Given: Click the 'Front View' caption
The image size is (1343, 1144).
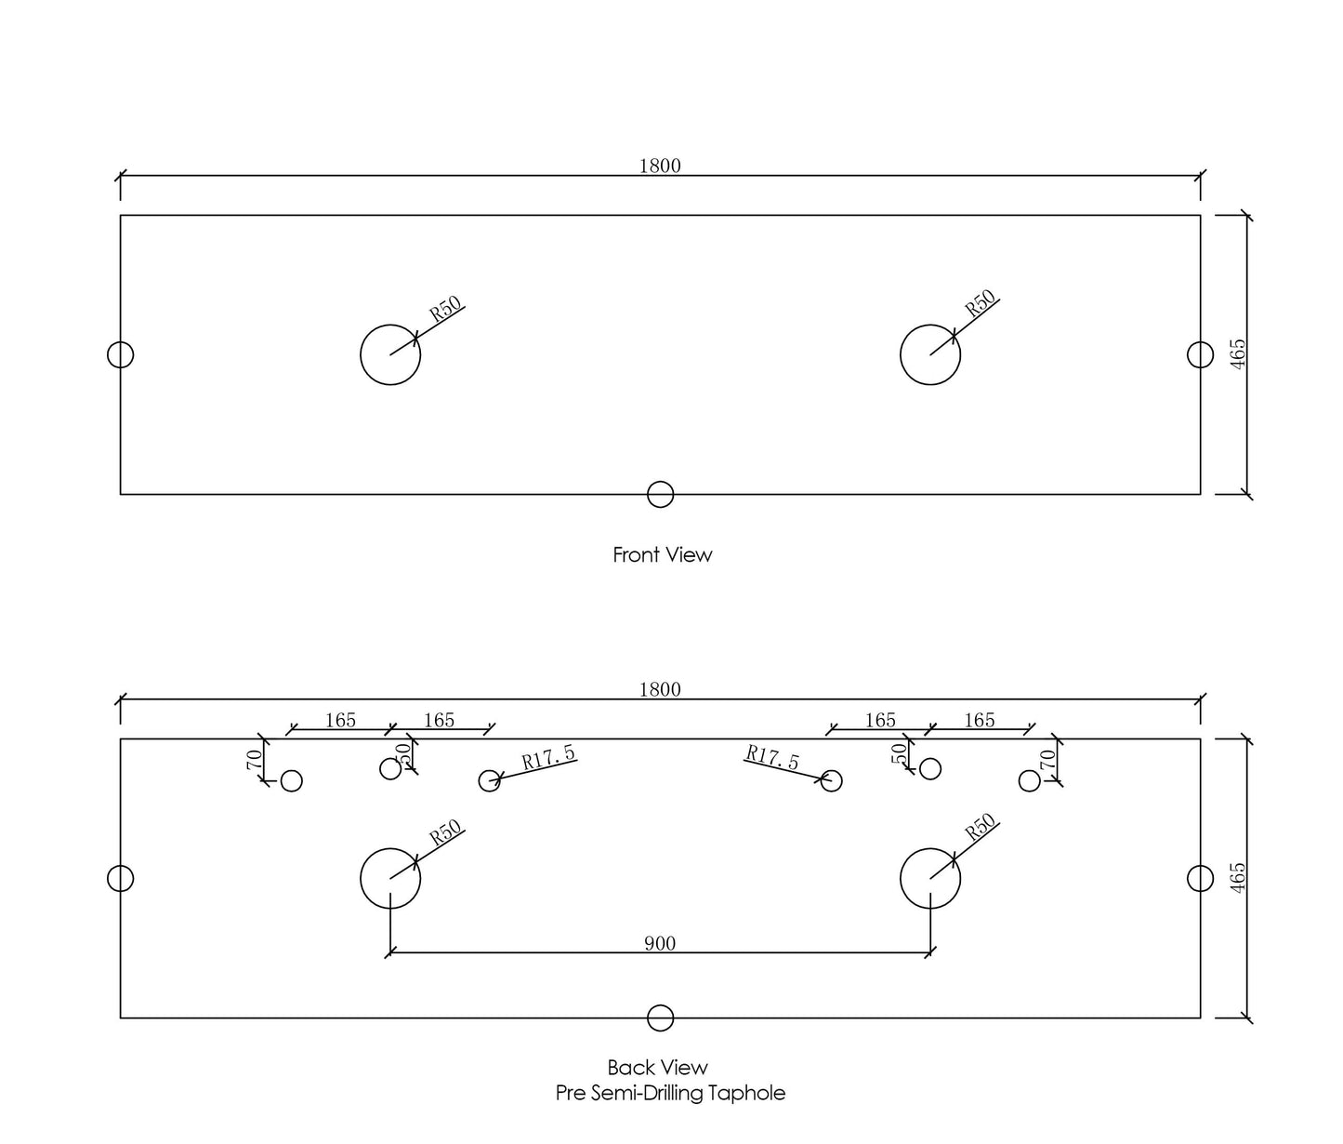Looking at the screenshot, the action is click(x=662, y=554).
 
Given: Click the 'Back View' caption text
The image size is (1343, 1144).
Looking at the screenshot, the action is click(x=657, y=1067).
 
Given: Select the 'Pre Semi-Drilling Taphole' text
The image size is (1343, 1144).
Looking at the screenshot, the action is click(x=670, y=1093).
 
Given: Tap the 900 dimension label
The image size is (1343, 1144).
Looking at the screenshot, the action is click(x=660, y=943).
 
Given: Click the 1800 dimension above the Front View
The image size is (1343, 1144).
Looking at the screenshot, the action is click(x=660, y=166).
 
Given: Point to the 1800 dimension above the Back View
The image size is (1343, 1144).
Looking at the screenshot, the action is click(x=660, y=689).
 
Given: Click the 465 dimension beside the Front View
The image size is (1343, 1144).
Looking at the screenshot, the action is click(x=1238, y=354).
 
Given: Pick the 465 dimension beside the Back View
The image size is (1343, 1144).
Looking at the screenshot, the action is click(x=1238, y=878).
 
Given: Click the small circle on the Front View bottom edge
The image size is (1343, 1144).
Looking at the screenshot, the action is click(x=660, y=482).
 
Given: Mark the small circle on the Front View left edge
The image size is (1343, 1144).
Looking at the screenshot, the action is click(x=107, y=354).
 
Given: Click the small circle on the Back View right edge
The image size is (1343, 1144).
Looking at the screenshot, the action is click(x=1213, y=879).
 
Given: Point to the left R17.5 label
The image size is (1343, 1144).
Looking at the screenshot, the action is click(x=549, y=758).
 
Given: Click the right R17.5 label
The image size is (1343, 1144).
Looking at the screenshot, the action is click(x=772, y=758).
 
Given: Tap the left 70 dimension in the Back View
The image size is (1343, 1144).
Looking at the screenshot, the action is click(x=254, y=760).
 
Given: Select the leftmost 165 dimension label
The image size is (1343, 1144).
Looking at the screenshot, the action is click(x=340, y=721).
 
